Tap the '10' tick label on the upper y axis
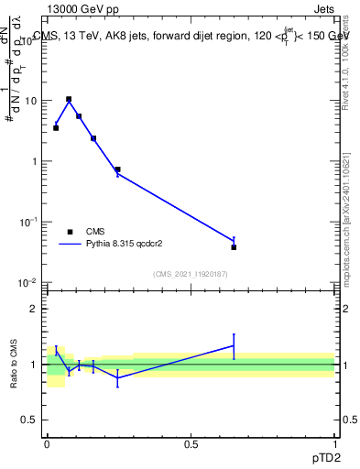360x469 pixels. point(30,101)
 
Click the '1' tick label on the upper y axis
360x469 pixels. point(34,161)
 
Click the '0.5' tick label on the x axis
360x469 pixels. point(191,443)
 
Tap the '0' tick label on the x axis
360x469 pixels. point(47,443)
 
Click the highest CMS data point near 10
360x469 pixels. point(69,99)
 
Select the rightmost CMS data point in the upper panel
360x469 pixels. point(234,247)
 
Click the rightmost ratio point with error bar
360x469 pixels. point(234,346)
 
